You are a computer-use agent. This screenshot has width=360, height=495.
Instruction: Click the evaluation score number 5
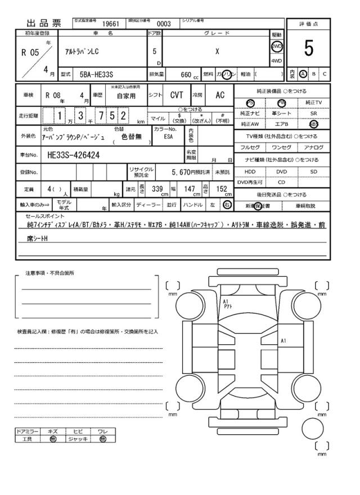pyautogui.click(x=308, y=49)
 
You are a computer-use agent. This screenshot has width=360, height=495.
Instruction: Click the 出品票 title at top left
pyautogui.click(x=43, y=24)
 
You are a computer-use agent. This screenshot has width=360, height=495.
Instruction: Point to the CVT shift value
pyautogui.click(x=177, y=96)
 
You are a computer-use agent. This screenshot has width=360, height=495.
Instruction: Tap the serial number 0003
pyautogui.click(x=163, y=24)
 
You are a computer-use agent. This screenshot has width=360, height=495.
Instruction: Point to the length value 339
pyautogui.click(x=158, y=189)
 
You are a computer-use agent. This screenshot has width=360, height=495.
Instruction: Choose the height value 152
pyautogui.click(x=221, y=189)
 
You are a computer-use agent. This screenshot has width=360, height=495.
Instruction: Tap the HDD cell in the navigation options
pyautogui.click(x=250, y=172)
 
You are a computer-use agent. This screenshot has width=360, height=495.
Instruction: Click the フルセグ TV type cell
pyautogui.click(x=250, y=147)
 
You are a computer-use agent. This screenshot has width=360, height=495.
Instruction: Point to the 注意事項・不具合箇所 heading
pyautogui.click(x=49, y=273)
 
